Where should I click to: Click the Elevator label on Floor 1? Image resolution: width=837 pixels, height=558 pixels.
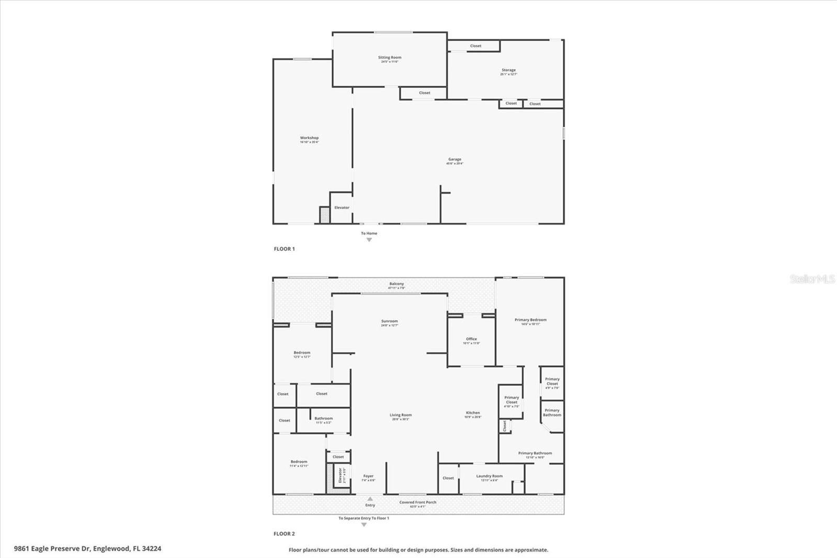(x=342, y=208)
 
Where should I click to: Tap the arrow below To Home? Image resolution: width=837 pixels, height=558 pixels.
(x=369, y=240)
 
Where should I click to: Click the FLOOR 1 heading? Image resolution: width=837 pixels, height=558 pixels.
(x=284, y=249)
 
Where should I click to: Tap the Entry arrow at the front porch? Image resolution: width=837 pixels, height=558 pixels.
(x=370, y=499)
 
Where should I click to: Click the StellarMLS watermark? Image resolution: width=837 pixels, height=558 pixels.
(x=812, y=280)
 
